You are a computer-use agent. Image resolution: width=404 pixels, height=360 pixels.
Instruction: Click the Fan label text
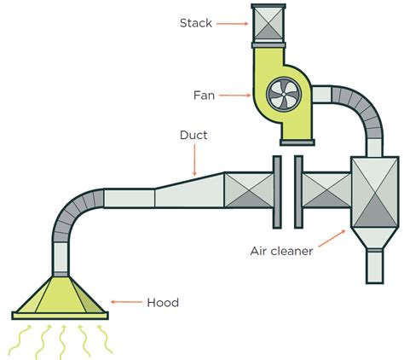204,96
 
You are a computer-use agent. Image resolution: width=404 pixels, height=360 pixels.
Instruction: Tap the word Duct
194,135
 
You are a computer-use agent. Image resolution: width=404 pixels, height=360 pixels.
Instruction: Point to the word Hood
162,302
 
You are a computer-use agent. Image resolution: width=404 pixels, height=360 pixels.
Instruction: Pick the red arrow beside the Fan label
234,96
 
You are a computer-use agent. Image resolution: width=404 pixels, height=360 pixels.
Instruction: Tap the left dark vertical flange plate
277,192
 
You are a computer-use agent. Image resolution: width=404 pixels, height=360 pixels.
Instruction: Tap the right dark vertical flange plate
298,192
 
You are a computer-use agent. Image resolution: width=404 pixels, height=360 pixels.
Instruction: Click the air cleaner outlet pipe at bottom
374,265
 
